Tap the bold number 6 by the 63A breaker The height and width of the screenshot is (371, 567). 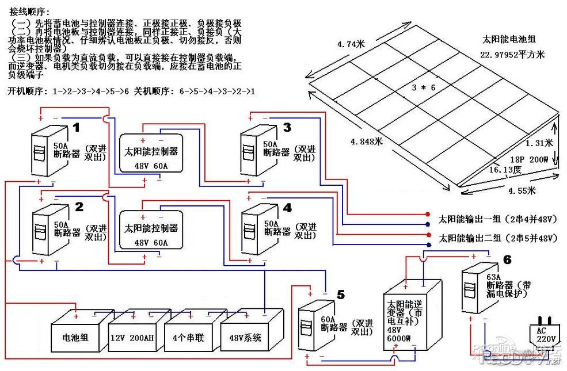click(x=507, y=260)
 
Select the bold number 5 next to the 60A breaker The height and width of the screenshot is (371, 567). click(x=341, y=294)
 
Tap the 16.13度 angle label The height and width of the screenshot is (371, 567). click(x=505, y=170)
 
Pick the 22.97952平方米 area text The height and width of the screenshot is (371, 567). click(x=512, y=55)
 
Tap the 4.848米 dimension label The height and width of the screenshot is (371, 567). click(x=366, y=141)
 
